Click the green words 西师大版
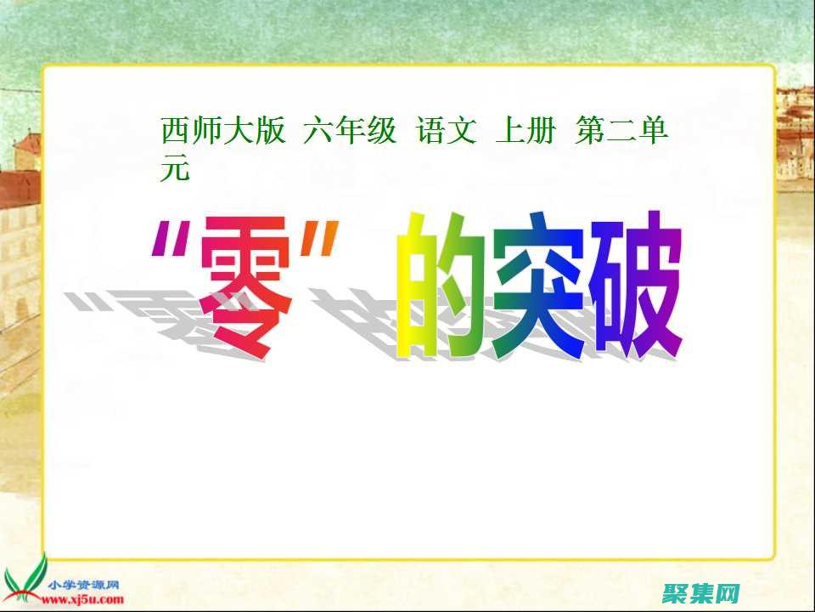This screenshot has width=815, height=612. click(223, 132)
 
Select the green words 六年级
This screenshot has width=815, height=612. click(350, 132)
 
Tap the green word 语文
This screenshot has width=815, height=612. click(447, 132)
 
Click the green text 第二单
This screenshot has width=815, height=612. click(622, 132)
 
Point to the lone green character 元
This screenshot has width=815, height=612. click(174, 169)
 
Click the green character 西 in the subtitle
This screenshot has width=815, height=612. click(174, 132)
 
